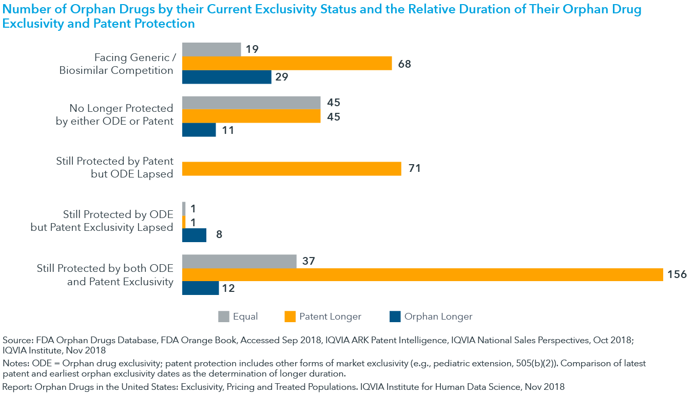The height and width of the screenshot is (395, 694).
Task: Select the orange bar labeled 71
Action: pos(292,169)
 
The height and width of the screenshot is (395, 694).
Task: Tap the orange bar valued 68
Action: pos(287,64)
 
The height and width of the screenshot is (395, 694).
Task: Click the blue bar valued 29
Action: pos(226,77)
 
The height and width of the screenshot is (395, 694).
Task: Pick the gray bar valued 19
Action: pos(211,50)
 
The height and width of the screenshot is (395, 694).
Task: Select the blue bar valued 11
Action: pos(199,130)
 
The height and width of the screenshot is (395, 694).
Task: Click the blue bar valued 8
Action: pos(195,235)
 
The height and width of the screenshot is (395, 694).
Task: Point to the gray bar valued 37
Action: pos(239,261)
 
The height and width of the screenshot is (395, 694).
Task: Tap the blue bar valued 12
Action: pos(201,288)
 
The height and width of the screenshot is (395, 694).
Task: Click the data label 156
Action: pos(677,274)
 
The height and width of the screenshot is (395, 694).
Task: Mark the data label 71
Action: pos(414,169)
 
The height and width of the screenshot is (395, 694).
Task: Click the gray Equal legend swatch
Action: pos(224,317)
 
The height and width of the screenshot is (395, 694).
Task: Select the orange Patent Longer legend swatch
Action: pos(290,317)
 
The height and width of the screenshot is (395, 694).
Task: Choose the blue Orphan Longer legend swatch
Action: pos(395,317)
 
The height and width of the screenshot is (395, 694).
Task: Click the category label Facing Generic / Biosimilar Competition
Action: pos(116,64)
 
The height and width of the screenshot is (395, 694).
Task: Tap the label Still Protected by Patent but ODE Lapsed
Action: pos(114,168)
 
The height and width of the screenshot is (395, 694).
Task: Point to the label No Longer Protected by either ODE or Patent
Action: pos(114,115)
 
